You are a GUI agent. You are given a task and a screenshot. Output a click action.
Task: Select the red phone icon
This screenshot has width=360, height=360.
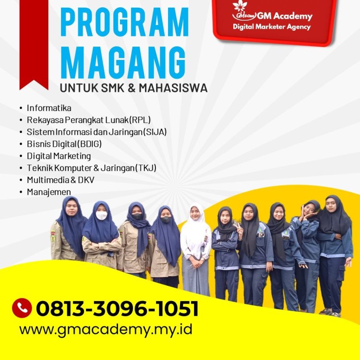(22, 308)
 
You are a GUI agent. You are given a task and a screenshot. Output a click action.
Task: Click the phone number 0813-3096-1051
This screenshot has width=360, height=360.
(117, 308)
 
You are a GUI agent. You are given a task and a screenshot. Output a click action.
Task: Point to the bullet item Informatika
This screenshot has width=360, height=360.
(49, 108)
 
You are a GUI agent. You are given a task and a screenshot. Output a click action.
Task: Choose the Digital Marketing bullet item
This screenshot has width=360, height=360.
(59, 156)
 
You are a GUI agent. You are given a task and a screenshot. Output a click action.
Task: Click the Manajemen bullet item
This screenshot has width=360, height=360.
(48, 192)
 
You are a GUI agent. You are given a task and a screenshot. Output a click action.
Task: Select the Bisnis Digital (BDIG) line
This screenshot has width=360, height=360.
(64, 144)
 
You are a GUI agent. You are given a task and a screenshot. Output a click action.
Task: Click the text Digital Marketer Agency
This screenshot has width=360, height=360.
(272, 27)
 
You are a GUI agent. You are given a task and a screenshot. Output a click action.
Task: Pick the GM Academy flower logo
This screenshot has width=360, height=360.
(240, 7)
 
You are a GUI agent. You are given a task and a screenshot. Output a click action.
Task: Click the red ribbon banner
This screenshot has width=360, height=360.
(34, 43)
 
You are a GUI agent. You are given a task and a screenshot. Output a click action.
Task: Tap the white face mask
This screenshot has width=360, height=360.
(101, 216)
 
